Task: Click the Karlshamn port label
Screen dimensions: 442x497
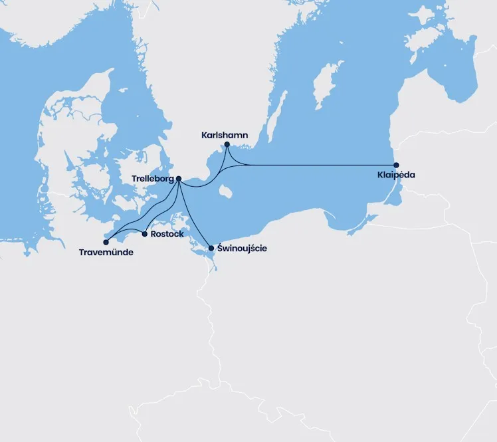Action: tap(225, 135)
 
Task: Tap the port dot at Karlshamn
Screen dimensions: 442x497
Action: tap(227, 144)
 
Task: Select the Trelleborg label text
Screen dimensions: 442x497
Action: tap(153, 179)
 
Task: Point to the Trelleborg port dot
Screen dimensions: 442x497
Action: tap(179, 178)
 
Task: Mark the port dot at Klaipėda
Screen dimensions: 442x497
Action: tap(396, 165)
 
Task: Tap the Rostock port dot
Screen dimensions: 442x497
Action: tap(145, 233)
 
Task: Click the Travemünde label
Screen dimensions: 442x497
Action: tap(106, 253)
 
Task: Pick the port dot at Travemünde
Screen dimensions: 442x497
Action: tap(106, 242)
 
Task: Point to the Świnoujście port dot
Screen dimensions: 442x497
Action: tap(211, 249)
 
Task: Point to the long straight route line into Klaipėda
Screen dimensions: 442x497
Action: tap(319, 165)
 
